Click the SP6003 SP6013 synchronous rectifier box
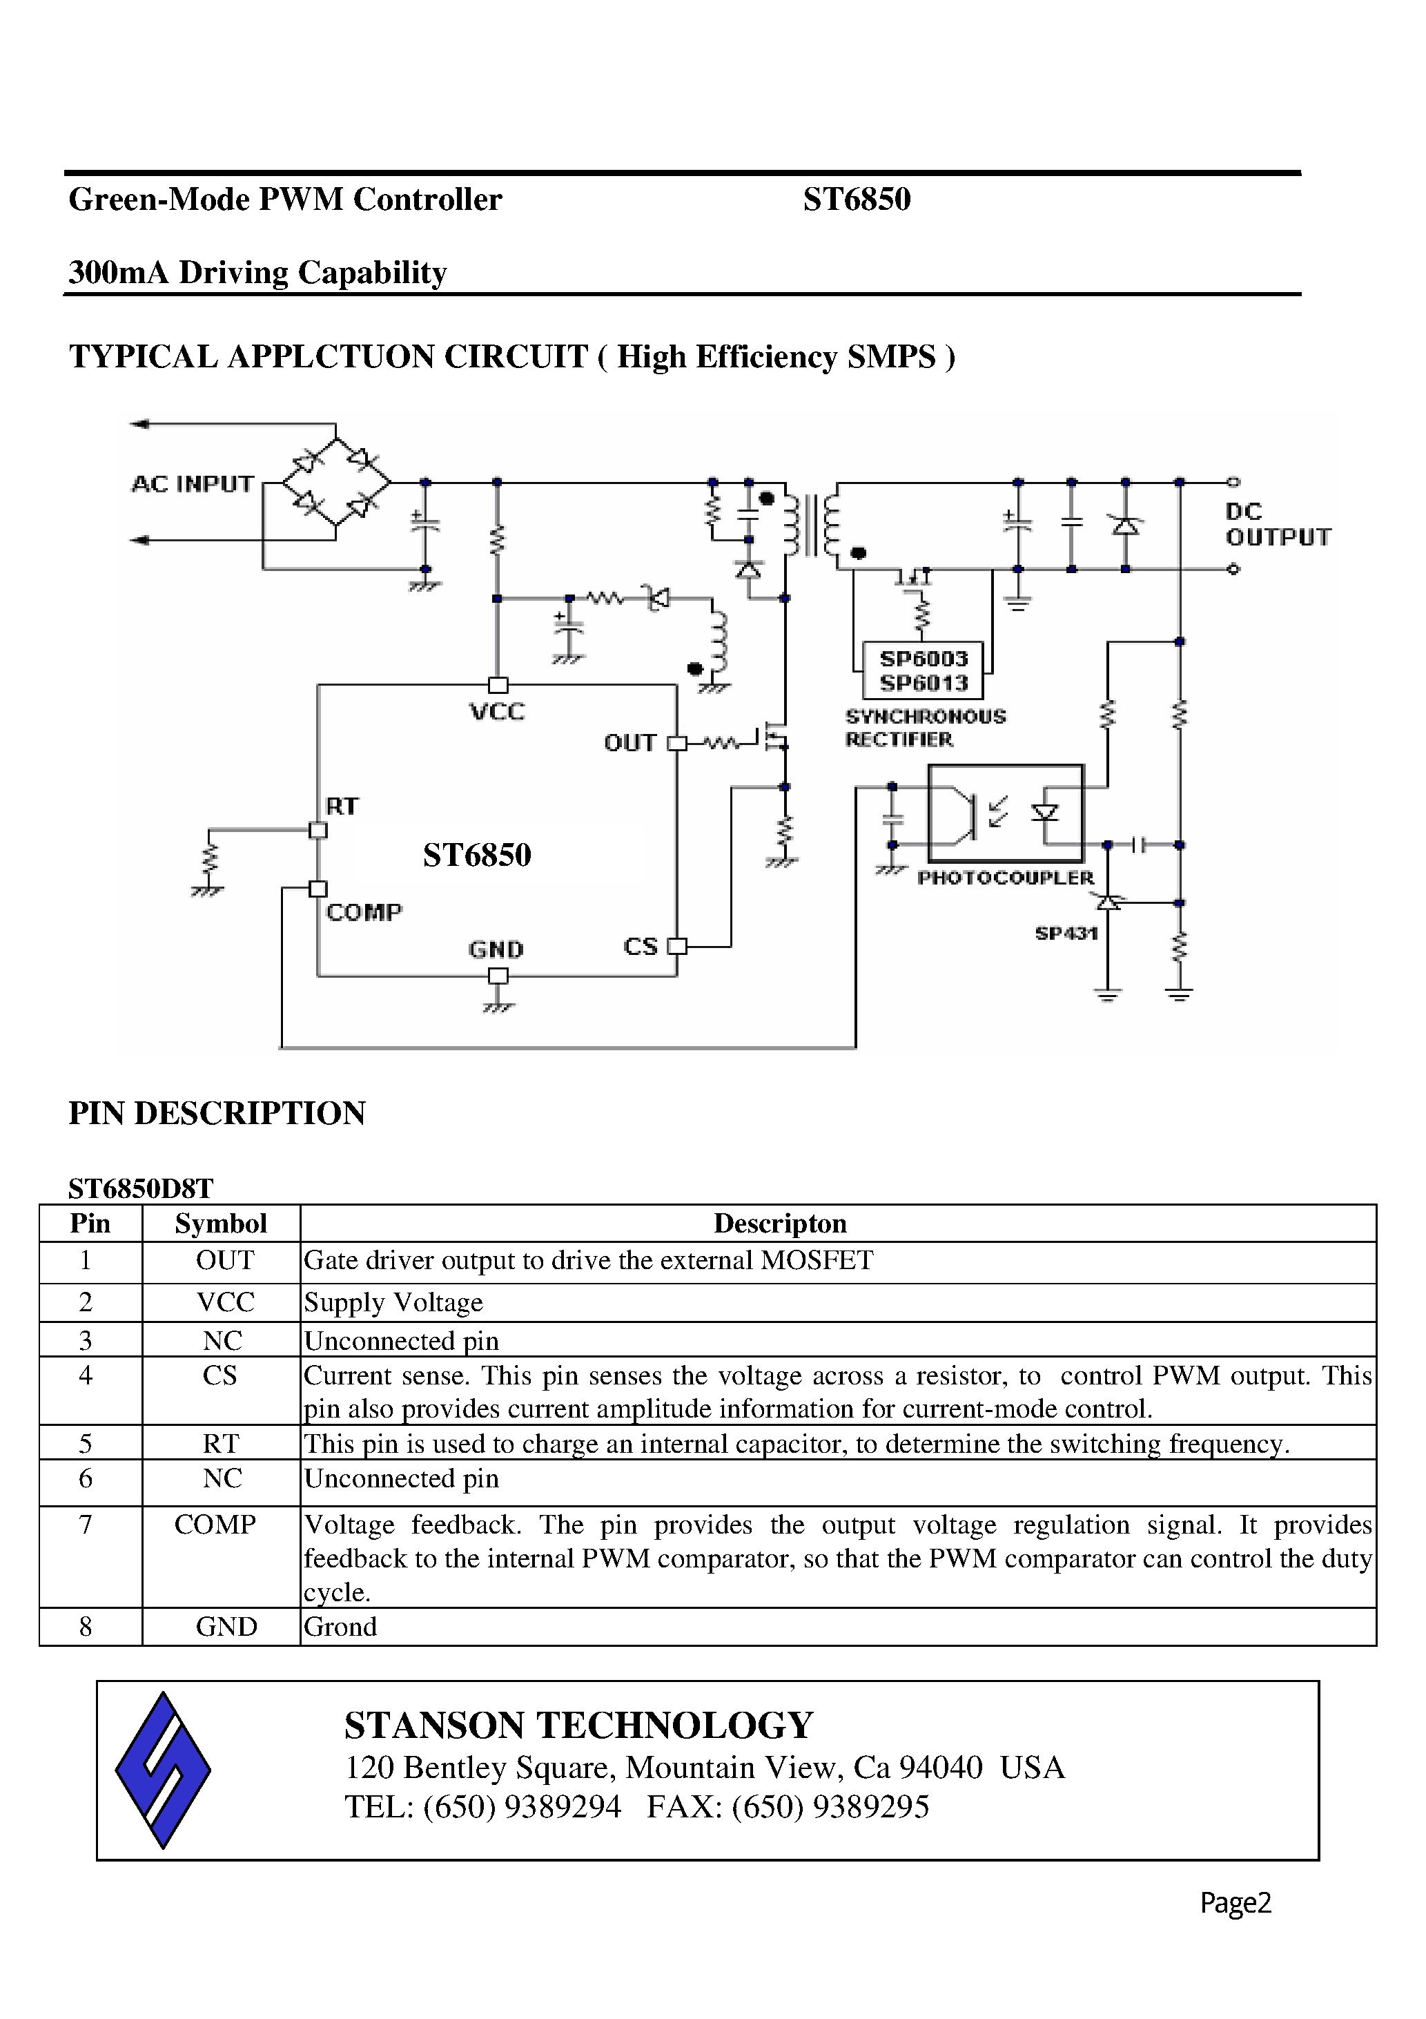(x=922, y=670)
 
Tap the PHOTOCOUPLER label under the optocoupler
(x=1005, y=878)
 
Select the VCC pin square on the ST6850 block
(x=498, y=685)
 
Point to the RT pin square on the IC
(x=318, y=830)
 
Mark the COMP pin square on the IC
(x=318, y=889)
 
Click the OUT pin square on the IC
(x=676, y=743)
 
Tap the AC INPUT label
(x=193, y=483)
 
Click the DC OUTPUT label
(x=1276, y=524)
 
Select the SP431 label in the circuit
(x=1066, y=933)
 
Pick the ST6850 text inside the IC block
(x=476, y=855)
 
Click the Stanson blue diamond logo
(x=163, y=1769)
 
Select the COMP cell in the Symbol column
(x=215, y=1524)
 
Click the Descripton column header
(x=780, y=1223)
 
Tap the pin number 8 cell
(x=86, y=1626)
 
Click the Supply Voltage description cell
(x=394, y=1302)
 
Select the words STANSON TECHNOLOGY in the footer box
(x=578, y=1726)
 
